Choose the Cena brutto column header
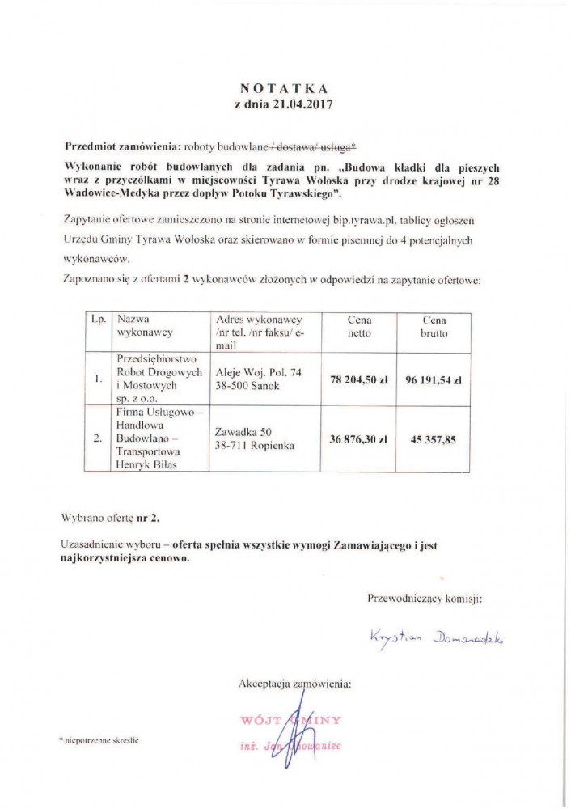(x=433, y=326)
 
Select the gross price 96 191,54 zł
(x=433, y=378)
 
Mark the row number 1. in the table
(x=98, y=378)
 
